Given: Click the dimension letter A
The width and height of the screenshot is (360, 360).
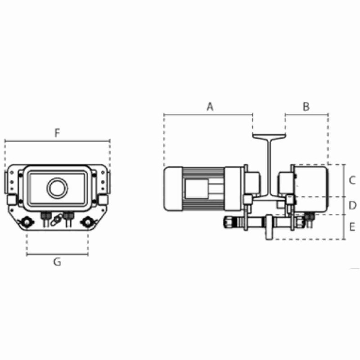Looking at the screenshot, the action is tap(210, 107).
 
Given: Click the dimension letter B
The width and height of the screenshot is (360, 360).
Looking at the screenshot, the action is tap(306, 107).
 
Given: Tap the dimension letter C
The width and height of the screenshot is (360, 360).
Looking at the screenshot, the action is tap(352, 180).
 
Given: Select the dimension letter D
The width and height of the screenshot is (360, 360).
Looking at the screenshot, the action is tap(352, 206).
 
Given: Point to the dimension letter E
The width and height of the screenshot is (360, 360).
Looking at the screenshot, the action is tap(352, 227).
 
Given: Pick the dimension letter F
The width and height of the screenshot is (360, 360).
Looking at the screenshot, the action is tap(57, 133).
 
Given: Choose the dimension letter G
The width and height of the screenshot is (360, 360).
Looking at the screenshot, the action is tap(57, 262).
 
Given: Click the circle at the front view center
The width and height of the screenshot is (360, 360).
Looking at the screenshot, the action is tap(57, 188).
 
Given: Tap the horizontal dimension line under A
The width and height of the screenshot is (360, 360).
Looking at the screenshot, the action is tap(208, 114).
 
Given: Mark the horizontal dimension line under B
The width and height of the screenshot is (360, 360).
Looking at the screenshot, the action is tap(307, 114).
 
